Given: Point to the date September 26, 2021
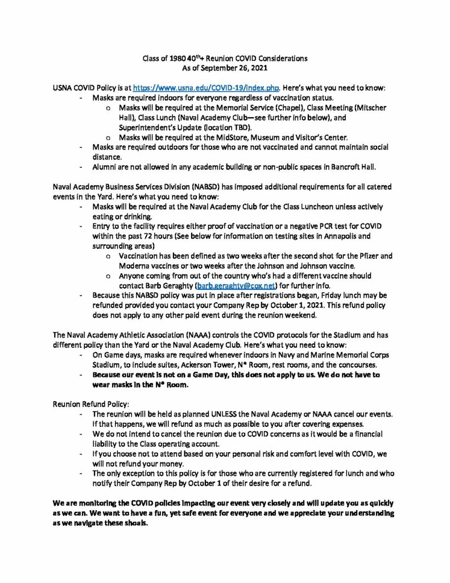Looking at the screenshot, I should pyautogui.click(x=238, y=68).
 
